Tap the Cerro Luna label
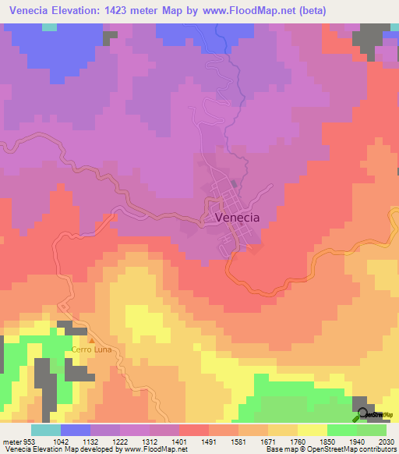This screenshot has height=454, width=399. [x=92, y=349]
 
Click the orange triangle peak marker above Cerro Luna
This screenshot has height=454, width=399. [x=92, y=340]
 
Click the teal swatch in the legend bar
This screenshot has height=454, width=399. [x=46, y=430]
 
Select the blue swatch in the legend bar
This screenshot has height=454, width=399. [x=76, y=430]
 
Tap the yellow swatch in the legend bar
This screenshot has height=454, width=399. [x=312, y=430]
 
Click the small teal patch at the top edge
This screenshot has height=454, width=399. [x=49, y=27]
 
